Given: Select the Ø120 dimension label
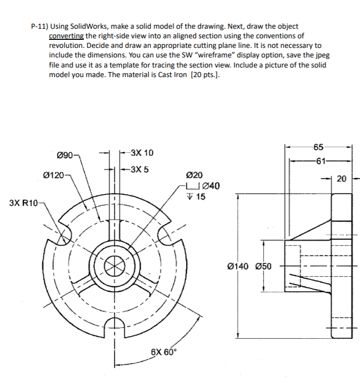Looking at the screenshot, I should pos(53,175).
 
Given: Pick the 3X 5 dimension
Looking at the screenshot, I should pos(139,169).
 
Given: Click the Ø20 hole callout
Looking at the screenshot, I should pos(195,175).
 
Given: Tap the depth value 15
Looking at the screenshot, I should pos(200,197).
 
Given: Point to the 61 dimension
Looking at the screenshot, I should pos(319,161).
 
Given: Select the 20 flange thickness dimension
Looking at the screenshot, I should pos(342,178).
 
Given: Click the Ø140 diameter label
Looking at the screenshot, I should pos(238,266).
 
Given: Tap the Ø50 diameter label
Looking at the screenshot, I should pos(262,266).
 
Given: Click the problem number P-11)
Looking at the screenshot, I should pos(39,26).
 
